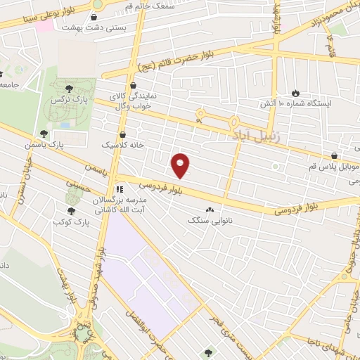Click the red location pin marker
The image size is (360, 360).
pos(181,165)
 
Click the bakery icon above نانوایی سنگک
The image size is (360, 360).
pos(210,210)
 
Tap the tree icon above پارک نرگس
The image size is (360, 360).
pos(69,89)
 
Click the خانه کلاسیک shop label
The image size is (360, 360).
pos(124,145)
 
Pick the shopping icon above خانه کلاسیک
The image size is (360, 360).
pos(124,134)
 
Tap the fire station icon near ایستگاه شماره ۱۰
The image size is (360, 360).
pos(295,92)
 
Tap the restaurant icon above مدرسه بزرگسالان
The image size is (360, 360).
pos(119,189)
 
